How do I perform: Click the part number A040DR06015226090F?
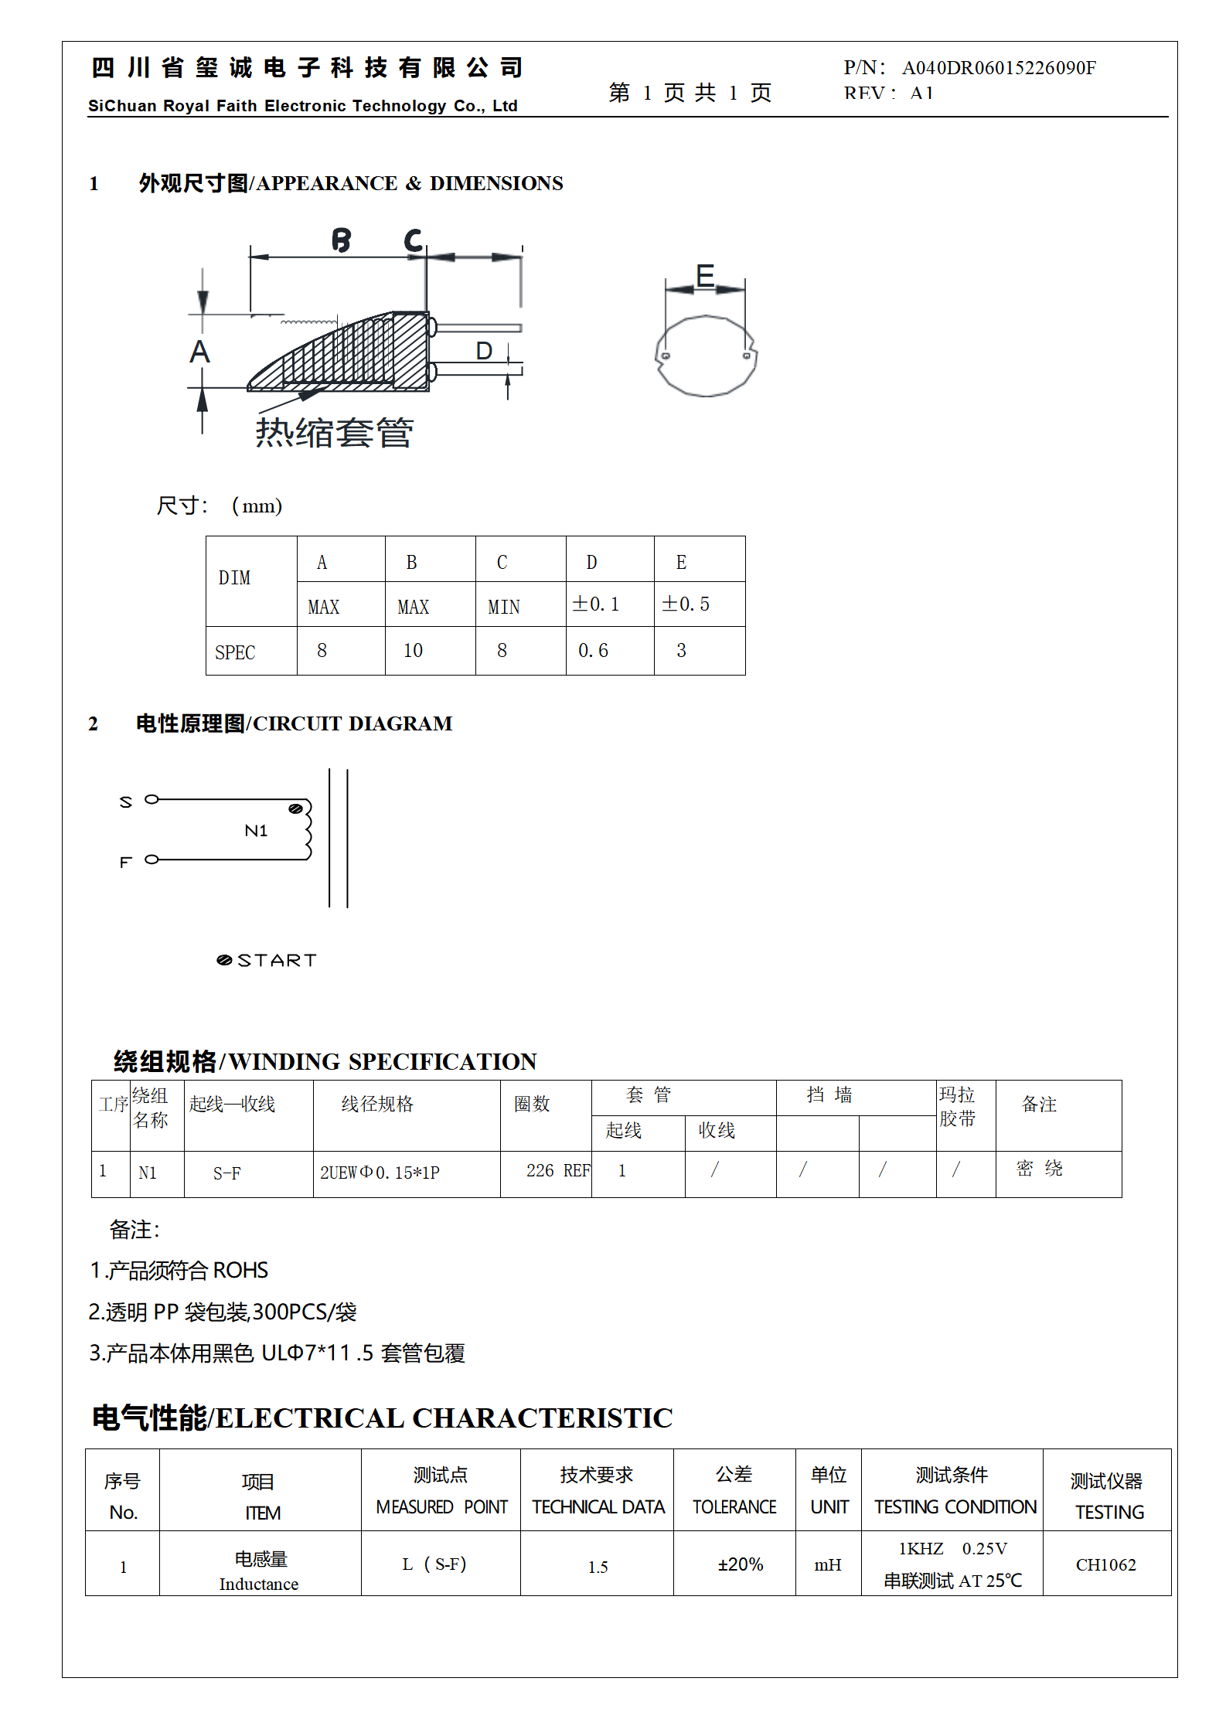pyautogui.click(x=998, y=68)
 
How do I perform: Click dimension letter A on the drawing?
pyautogui.click(x=200, y=352)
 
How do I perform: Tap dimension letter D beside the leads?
pyautogui.click(x=484, y=352)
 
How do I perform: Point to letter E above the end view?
pyautogui.click(x=704, y=275)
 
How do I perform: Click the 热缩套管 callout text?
pyautogui.click(x=334, y=433)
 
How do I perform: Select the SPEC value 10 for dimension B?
pyautogui.click(x=413, y=651)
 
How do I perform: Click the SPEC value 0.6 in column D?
pyautogui.click(x=593, y=651)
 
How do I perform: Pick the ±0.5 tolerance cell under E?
pyautogui.click(x=685, y=604)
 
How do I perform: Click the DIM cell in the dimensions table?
pyautogui.click(x=234, y=578)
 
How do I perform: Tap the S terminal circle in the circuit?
pyautogui.click(x=152, y=799)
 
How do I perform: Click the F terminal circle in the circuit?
pyautogui.click(x=152, y=859)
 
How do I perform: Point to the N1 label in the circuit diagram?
pyautogui.click(x=256, y=831)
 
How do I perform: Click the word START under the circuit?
pyautogui.click(x=277, y=961)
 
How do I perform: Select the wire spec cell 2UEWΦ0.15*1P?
pyautogui.click(x=380, y=1173)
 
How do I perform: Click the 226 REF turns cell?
pyautogui.click(x=557, y=1171)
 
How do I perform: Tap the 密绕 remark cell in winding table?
pyautogui.click(x=1039, y=1169)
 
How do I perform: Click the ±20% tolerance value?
pyautogui.click(x=740, y=1564)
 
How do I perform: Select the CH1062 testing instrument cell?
pyautogui.click(x=1105, y=1565)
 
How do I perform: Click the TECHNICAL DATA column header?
pyautogui.click(x=598, y=1507)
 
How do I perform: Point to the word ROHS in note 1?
pyautogui.click(x=240, y=1271)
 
